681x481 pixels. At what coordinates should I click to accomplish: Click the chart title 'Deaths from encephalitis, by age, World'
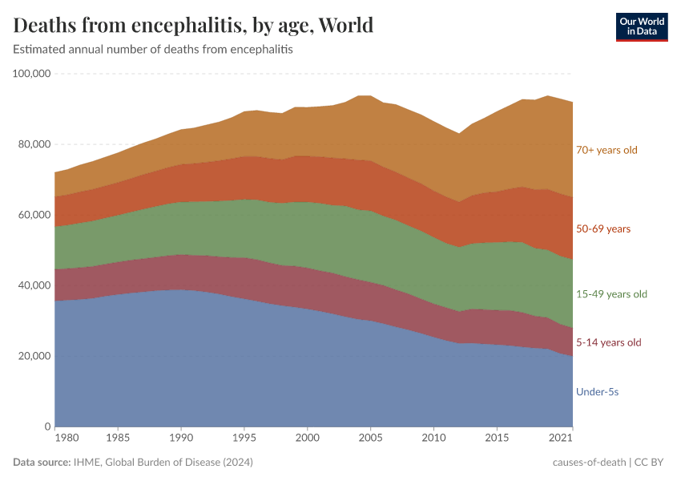(x=193, y=26)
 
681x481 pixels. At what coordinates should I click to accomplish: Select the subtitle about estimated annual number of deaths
(x=153, y=50)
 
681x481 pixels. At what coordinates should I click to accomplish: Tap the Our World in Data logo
(x=641, y=26)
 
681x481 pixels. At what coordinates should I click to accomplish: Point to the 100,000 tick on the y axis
(x=32, y=74)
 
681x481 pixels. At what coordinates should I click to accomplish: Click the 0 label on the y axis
(x=47, y=426)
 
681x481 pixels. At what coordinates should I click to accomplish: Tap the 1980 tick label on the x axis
(x=67, y=439)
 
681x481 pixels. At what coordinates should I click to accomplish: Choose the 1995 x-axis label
(x=244, y=439)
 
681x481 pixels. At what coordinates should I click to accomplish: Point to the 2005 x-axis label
(x=370, y=439)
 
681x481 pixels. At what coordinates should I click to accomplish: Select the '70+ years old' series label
(x=606, y=150)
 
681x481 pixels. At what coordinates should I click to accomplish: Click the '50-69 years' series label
(x=603, y=229)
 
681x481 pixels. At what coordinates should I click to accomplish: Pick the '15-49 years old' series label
(x=611, y=294)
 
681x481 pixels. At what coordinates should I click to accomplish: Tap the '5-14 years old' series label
(x=608, y=343)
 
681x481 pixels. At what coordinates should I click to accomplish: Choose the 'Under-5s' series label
(x=597, y=392)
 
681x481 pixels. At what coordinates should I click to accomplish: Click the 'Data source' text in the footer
(x=41, y=463)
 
